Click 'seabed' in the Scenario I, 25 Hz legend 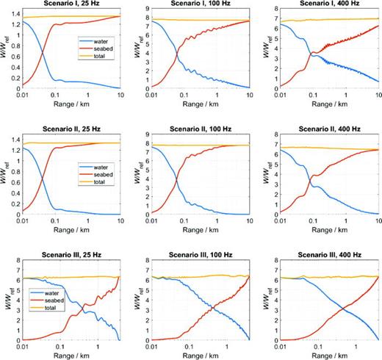100,45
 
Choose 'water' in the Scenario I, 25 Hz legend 98,37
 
